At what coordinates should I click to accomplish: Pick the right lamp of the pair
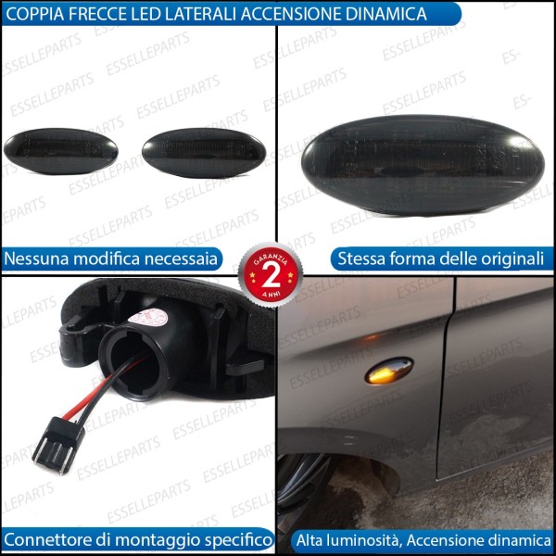pos(203,151)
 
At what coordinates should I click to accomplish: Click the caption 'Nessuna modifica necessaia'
pos(111,258)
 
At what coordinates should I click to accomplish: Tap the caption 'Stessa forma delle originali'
pos(440,258)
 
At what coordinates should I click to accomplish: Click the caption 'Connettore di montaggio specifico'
pos(137,538)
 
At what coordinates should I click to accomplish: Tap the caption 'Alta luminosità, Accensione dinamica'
pos(422,538)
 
